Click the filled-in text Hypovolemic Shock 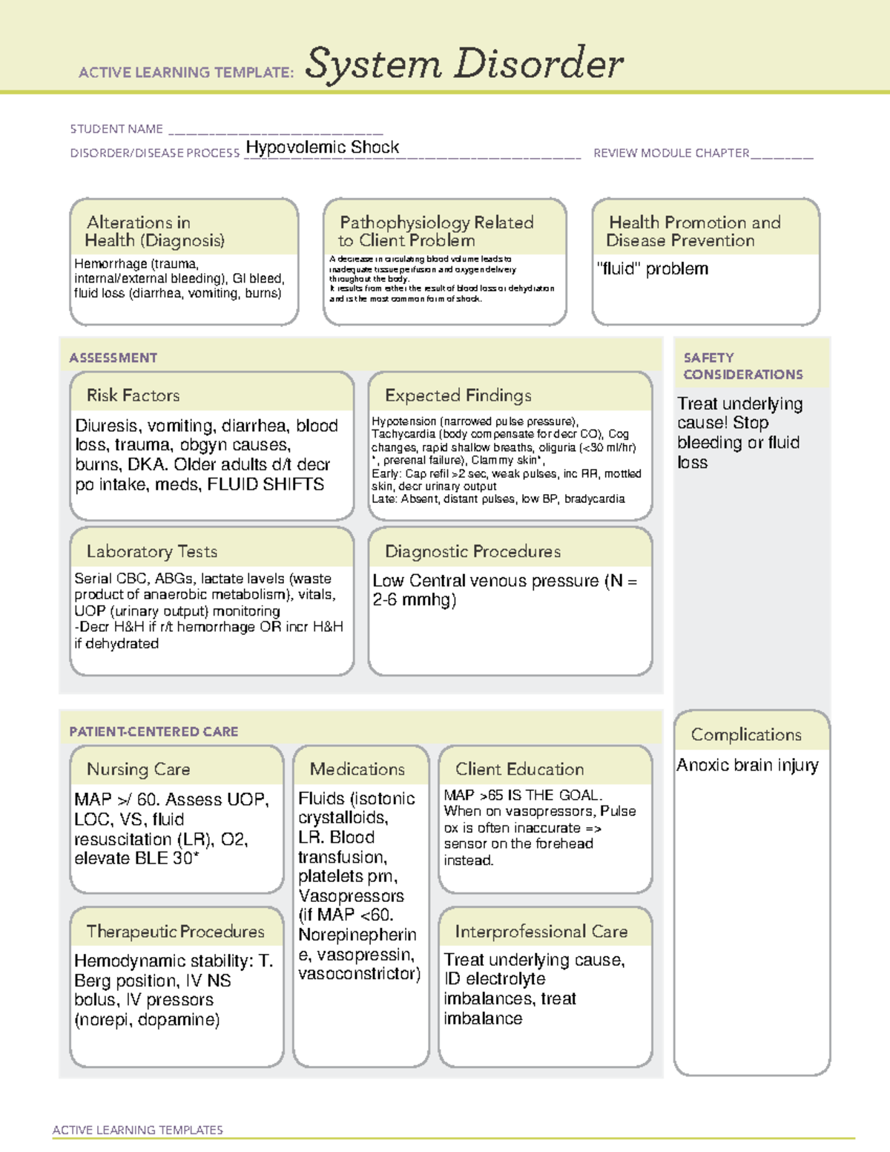pos(322,147)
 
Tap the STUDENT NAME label pos(116,129)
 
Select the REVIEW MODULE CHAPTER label pos(671,153)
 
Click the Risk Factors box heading pos(133,395)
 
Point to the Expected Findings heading pos(458,395)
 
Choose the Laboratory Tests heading pos(151,551)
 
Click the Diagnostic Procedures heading pos(472,551)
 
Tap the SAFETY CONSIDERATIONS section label pos(742,366)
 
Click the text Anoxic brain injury pos(747,765)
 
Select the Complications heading pos(746,734)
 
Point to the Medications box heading pos(357,769)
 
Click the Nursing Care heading pos(138,769)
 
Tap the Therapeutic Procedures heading pos(175,931)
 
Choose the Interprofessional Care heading pos(541,931)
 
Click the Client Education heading pos(519,769)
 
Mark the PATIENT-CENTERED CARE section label pos(154,731)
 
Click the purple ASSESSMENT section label pos(113,358)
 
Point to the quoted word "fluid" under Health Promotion pos(619,269)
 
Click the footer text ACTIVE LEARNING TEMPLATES pos(137,1130)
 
